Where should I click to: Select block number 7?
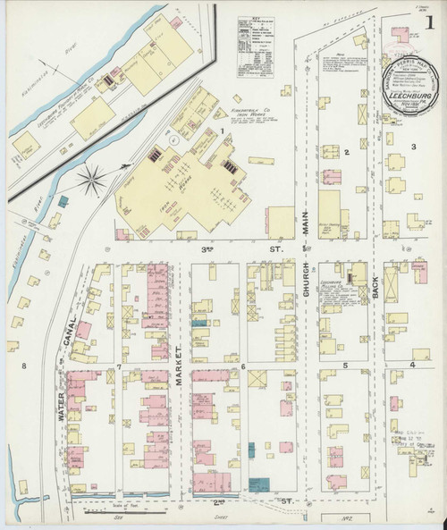tap(118, 367)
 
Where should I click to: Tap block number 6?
tap(242, 366)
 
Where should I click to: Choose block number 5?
tap(345, 366)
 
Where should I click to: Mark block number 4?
tap(412, 365)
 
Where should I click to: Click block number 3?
tap(413, 146)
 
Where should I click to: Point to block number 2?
tap(346, 153)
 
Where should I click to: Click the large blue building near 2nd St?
tap(259, 484)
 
